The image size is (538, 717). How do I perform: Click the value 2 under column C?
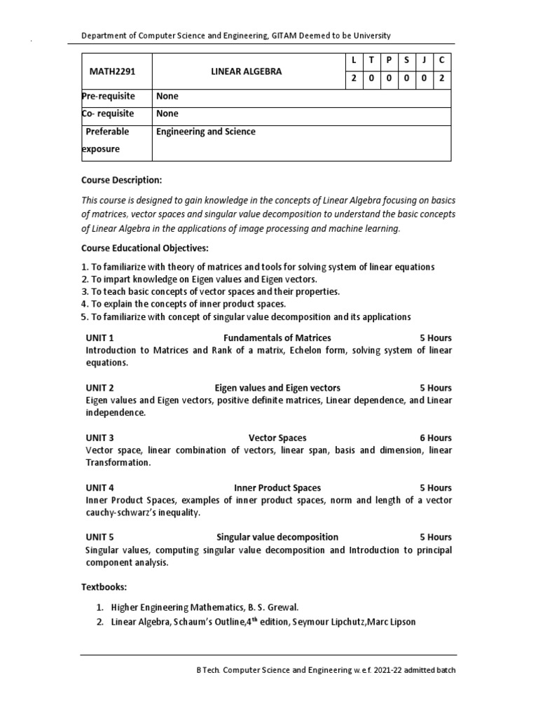pos(441,79)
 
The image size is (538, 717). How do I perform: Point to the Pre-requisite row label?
pos(109,97)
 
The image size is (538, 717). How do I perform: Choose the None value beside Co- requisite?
pos(167,113)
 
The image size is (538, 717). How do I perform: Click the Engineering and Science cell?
pos(206,132)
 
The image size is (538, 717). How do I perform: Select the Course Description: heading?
pos(121,180)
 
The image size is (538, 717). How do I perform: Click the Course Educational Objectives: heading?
pos(145,248)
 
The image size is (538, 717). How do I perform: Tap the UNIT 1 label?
pos(99,337)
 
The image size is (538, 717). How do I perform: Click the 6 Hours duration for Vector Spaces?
pos(436,438)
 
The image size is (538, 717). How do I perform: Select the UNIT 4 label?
pos(99,487)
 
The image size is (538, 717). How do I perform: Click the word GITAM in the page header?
pos(281,35)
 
